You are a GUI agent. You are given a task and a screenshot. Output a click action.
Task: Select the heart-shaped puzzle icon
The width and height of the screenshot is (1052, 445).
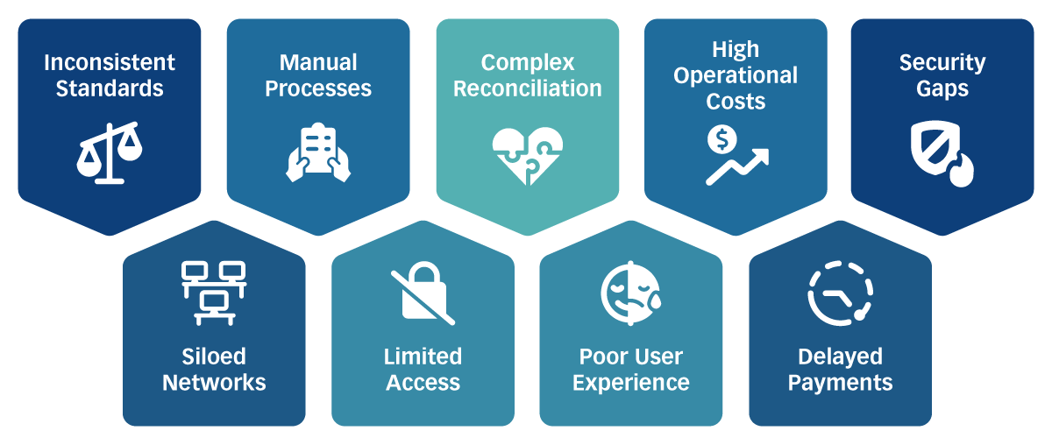pyautogui.click(x=527, y=156)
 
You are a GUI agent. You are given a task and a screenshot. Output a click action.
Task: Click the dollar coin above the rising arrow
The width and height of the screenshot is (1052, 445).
pyautogui.click(x=721, y=138)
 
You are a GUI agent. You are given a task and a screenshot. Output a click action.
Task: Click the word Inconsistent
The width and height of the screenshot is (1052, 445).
pyautogui.click(x=110, y=62)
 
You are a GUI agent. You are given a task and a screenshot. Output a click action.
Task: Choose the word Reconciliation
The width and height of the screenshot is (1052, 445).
pyautogui.click(x=528, y=88)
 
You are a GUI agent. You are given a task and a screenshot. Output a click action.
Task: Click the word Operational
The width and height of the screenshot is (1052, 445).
pyautogui.click(x=736, y=75)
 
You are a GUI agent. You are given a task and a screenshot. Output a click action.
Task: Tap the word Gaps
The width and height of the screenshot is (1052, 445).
pyautogui.click(x=942, y=88)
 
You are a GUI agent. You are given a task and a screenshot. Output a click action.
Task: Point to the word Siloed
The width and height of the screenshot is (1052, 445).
pyautogui.click(x=214, y=357)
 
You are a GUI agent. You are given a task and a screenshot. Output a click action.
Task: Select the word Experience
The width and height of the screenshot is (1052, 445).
pyautogui.click(x=631, y=383)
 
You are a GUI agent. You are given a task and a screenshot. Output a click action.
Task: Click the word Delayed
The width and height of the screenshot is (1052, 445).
pyautogui.click(x=840, y=357)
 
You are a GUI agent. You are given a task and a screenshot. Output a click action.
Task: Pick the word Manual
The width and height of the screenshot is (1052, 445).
pyautogui.click(x=318, y=62)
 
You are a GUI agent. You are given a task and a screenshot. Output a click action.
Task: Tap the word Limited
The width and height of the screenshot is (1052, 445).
pyautogui.click(x=423, y=357)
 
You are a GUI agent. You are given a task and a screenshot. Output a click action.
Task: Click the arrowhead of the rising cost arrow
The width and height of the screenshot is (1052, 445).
pyautogui.click(x=761, y=156)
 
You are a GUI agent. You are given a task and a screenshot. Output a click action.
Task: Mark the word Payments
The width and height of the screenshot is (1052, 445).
pyautogui.click(x=840, y=383)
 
